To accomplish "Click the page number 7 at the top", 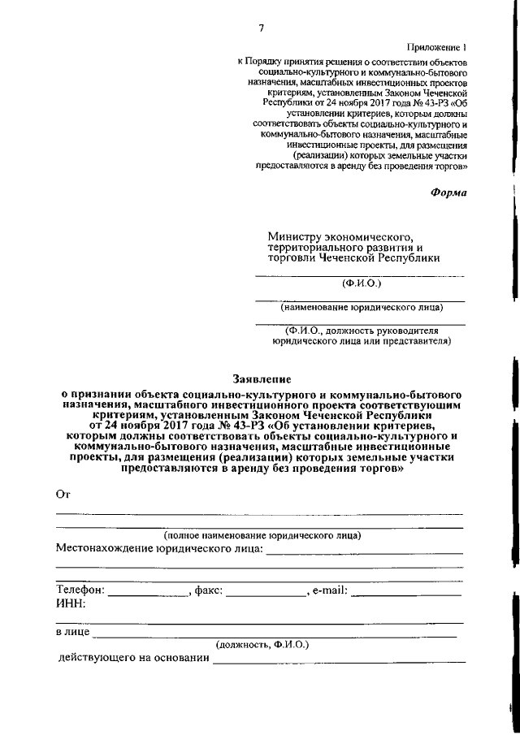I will coord(261,29).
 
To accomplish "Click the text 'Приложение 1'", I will coord(440,49).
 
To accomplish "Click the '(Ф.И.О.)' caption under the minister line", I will coord(361,283).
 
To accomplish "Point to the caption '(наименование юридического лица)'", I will coord(362,308).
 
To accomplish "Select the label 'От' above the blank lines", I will coord(63,495).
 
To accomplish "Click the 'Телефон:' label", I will coord(80,590).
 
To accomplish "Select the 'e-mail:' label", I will coord(330,590).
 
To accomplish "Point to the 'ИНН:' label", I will coord(71,603).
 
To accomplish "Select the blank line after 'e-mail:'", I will coord(407,593).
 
